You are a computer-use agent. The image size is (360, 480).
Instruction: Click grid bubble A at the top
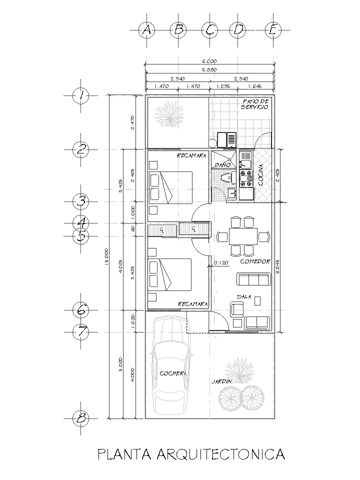click(146, 30)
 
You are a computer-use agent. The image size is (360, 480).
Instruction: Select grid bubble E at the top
click(272, 30)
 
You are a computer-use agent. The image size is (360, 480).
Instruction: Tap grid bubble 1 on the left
click(81, 95)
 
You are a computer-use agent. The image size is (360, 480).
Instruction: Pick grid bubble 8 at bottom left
click(81, 418)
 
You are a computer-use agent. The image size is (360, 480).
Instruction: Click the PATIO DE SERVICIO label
click(255, 104)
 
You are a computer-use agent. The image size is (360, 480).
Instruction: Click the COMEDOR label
click(255, 261)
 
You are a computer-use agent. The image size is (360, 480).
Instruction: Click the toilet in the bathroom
click(226, 176)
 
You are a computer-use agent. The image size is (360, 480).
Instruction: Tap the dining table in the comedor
click(242, 235)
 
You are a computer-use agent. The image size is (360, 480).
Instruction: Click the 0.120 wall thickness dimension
click(221, 262)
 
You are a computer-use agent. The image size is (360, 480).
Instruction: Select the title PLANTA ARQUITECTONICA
click(191, 454)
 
